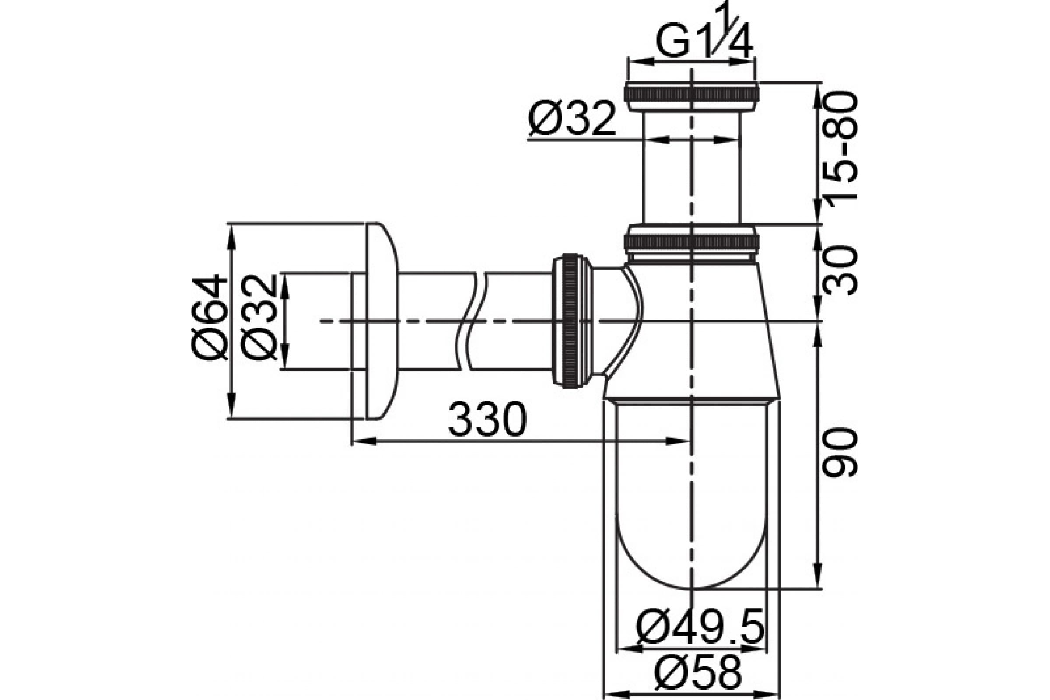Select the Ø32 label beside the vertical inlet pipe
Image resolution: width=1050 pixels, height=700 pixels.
click(x=572, y=118)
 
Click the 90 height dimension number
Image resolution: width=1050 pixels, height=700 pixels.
click(x=840, y=453)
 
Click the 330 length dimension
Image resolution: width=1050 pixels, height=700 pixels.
click(x=487, y=420)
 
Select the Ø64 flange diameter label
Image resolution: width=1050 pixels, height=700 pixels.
click(x=210, y=318)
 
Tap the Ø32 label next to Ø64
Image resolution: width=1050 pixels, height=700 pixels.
click(x=259, y=318)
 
